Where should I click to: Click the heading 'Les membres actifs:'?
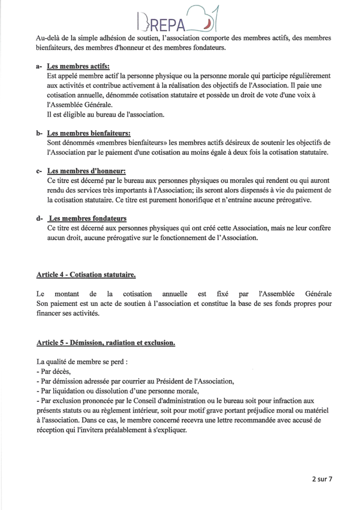tap(78, 67)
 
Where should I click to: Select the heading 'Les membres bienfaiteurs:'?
tap(89, 133)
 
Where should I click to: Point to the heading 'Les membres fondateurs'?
tap(88, 219)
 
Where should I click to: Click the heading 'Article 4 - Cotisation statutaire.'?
tap(86, 275)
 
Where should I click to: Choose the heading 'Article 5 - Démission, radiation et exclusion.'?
tap(106, 343)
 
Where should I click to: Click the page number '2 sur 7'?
tap(322, 480)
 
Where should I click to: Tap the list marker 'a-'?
tap(39, 67)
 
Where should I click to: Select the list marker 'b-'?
tap(39, 133)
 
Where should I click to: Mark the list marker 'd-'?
tap(39, 219)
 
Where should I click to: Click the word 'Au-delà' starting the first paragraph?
tap(49, 38)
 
